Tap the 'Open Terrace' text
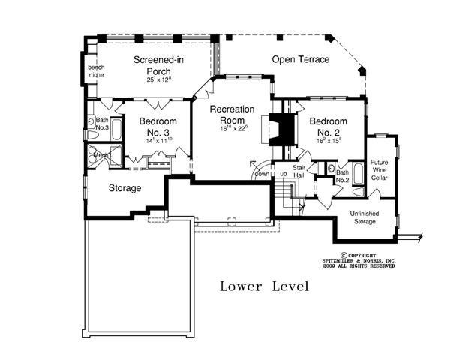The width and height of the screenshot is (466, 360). click(300, 59)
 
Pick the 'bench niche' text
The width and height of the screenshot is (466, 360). click(96, 71)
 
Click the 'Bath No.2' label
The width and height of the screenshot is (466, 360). click(342, 176)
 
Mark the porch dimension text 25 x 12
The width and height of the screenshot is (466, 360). click(159, 79)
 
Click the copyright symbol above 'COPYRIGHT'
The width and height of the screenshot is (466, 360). click(344, 254)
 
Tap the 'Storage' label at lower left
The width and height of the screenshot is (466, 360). click(125, 188)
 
